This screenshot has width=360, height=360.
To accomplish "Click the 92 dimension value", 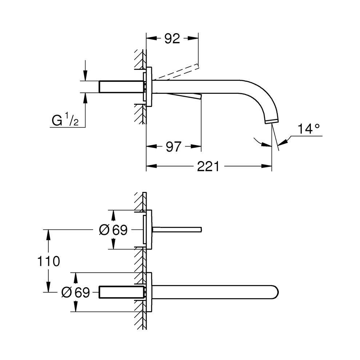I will [x=172, y=39].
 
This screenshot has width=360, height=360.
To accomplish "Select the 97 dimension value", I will [x=173, y=147].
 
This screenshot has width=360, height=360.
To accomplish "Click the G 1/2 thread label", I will [x=65, y=120].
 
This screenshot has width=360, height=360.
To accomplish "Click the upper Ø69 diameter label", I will [x=113, y=230].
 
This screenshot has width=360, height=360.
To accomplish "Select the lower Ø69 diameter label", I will [x=76, y=292].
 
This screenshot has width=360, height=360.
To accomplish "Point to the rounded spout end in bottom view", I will [x=275, y=292].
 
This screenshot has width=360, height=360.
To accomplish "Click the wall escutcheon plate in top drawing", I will [x=149, y=87].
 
